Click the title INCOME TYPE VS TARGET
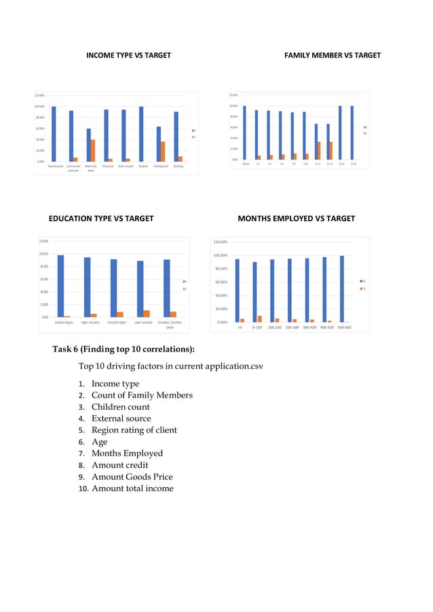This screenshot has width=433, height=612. click(x=128, y=55)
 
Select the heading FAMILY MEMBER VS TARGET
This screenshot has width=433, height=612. click(x=333, y=55)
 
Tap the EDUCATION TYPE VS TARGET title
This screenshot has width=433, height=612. click(x=101, y=218)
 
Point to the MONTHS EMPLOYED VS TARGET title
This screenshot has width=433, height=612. click(x=296, y=218)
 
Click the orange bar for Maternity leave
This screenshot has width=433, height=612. click(x=93, y=151)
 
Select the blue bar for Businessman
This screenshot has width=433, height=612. click(x=54, y=134)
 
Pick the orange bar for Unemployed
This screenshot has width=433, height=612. click(x=163, y=151)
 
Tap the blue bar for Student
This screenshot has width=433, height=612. click(x=140, y=134)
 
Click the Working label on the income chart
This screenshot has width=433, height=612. click(x=178, y=166)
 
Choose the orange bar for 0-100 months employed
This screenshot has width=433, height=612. click(x=259, y=319)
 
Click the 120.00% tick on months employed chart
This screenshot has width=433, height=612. click(x=221, y=242)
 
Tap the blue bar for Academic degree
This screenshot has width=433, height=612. click(x=60, y=286)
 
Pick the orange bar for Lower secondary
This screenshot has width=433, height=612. click(x=147, y=313)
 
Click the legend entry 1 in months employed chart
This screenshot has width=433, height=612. click(x=364, y=288)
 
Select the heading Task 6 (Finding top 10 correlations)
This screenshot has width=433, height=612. click(x=124, y=349)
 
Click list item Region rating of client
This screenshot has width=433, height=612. click(x=134, y=430)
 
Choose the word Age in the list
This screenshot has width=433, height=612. click(x=99, y=442)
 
